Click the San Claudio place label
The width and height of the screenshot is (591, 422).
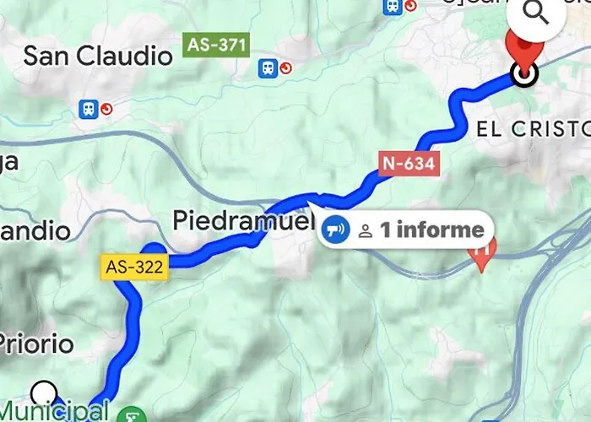(x=97, y=57)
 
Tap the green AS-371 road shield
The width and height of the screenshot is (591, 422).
(x=215, y=44)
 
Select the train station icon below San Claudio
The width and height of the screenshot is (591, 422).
(x=88, y=109)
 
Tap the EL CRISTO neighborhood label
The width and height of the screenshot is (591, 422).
(x=532, y=129)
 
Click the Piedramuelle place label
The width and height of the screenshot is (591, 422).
(x=243, y=221)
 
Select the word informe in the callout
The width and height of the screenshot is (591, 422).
(x=438, y=230)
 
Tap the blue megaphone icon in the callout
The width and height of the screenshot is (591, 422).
(x=336, y=229)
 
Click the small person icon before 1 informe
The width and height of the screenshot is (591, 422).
(x=366, y=230)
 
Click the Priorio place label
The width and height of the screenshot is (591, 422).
(x=35, y=344)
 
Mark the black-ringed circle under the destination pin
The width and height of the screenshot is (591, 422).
(x=524, y=75)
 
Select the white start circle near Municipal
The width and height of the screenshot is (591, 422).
(x=44, y=392)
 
